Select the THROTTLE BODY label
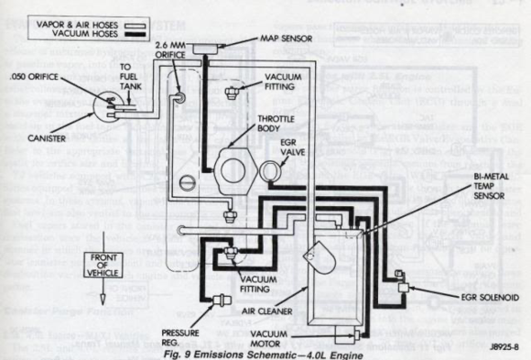[x=278, y=126]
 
